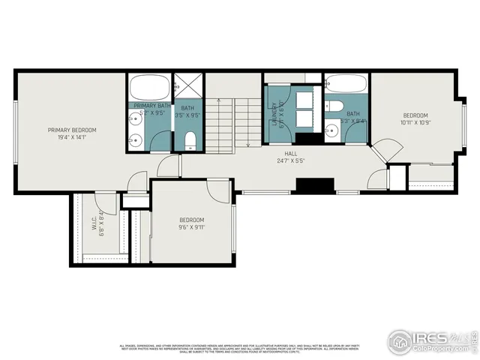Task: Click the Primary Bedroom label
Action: (x=72, y=130)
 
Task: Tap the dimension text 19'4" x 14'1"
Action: (x=72, y=137)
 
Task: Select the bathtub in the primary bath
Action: (x=148, y=87)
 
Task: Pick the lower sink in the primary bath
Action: (x=135, y=139)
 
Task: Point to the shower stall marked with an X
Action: (x=188, y=87)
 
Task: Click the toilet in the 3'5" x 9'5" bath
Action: (x=190, y=139)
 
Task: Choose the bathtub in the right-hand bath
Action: (x=346, y=84)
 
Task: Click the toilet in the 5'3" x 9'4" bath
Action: (x=335, y=105)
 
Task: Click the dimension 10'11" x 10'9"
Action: (x=415, y=122)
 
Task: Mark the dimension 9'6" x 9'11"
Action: (x=191, y=226)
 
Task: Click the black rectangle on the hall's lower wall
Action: (x=315, y=185)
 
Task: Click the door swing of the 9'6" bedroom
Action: (x=218, y=190)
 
